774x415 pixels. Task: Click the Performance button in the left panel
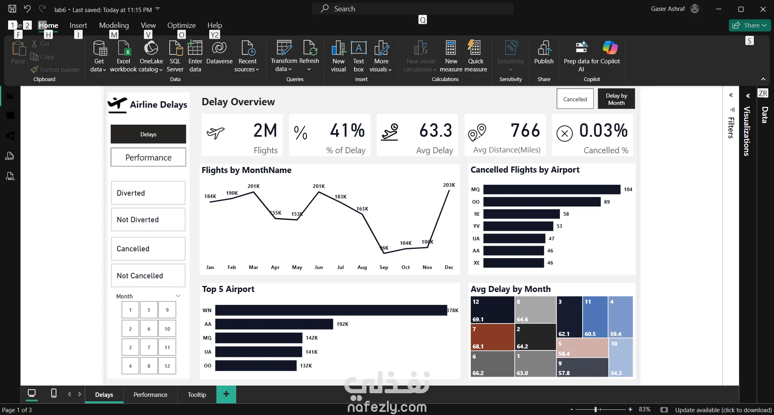pyautogui.click(x=148, y=157)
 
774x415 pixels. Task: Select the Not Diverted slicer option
pyautogui.click(x=148, y=220)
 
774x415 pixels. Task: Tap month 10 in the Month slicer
pyautogui.click(x=167, y=329)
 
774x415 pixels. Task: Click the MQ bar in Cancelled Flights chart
pyautogui.click(x=551, y=190)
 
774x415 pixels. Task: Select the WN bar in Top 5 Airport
pyautogui.click(x=331, y=310)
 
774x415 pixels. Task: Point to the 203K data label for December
pyautogui.click(x=449, y=185)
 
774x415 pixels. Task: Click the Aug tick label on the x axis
pyautogui.click(x=362, y=267)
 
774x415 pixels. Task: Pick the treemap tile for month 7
pyautogui.click(x=492, y=337)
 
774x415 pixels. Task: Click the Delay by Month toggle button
pyautogui.click(x=616, y=99)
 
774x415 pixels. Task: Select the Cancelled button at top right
pyautogui.click(x=575, y=99)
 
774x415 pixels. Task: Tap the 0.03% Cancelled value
pyautogui.click(x=603, y=131)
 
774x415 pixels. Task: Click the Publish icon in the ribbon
pyautogui.click(x=544, y=53)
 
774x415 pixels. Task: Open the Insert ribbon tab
pyautogui.click(x=78, y=25)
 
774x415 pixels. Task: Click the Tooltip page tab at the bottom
pyautogui.click(x=197, y=395)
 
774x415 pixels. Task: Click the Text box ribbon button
pyautogui.click(x=358, y=56)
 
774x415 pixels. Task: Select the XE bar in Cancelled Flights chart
pyautogui.click(x=514, y=263)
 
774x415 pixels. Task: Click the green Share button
pyautogui.click(x=749, y=25)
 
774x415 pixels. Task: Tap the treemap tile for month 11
pyautogui.click(x=595, y=317)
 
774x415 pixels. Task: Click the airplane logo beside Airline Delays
pyautogui.click(x=117, y=105)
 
